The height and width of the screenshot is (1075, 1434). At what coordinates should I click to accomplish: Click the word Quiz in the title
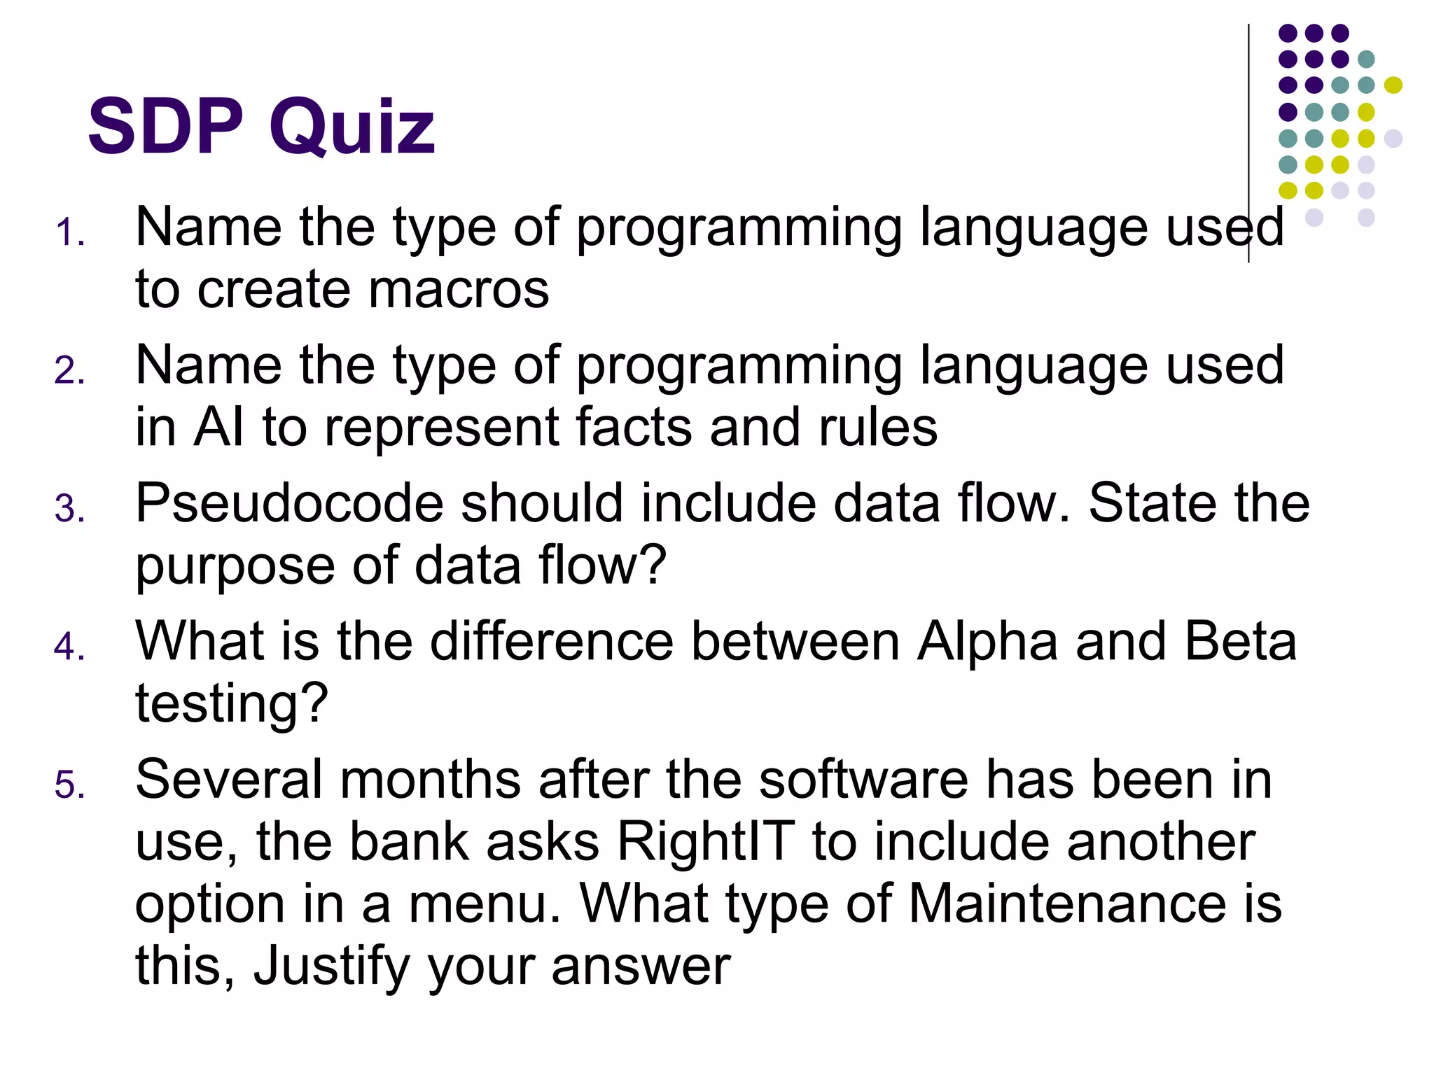coord(352,127)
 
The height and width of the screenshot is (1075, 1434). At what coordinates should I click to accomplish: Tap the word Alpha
coord(987,641)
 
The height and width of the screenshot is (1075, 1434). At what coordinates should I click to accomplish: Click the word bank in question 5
coord(409,841)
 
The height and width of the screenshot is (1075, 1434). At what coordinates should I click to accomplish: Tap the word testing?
coord(232,704)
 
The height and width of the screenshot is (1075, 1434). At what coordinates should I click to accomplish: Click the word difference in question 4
coord(551,641)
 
